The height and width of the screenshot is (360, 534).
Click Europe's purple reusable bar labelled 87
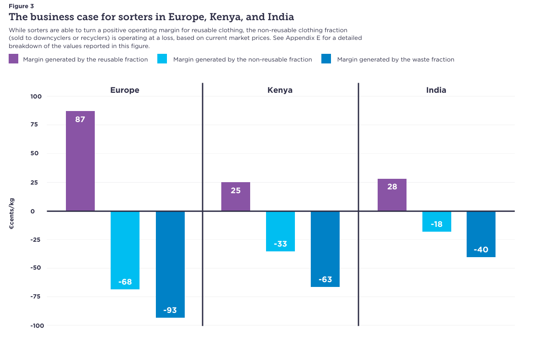coord(80,161)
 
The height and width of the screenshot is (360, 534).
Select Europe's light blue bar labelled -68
coord(125,250)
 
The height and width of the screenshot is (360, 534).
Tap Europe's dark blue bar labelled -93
coord(170,264)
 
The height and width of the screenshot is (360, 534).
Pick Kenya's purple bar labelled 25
coord(236,197)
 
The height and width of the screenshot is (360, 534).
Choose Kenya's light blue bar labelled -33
coord(280,231)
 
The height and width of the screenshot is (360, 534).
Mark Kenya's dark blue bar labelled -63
coord(325,249)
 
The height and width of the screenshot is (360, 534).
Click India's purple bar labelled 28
coord(392,195)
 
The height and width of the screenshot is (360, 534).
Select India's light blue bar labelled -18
coord(437,222)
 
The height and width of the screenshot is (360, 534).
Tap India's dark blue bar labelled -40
coord(481,234)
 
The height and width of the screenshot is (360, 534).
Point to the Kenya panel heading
coord(280,90)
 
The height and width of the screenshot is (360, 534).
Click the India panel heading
coord(436,90)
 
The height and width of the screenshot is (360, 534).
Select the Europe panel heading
coord(125,90)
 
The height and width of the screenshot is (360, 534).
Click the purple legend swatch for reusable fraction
coord(13,59)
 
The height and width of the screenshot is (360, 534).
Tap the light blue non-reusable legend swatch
coord(162,59)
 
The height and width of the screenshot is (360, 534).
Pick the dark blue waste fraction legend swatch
coord(326,59)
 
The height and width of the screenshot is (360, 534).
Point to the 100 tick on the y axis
coord(36,96)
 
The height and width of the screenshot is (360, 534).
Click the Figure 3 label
coord(21,6)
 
